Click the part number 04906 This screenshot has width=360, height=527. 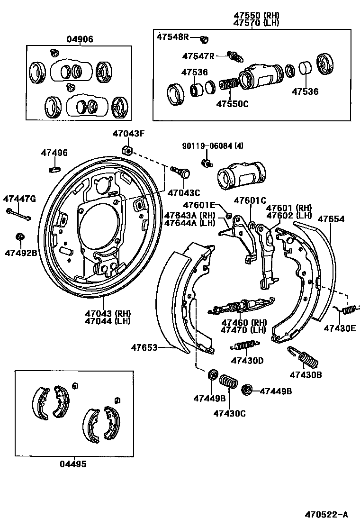[80, 39]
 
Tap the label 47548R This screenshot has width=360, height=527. [173, 36]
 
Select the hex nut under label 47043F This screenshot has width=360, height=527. [126, 150]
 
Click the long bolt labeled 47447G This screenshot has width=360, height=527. [18, 214]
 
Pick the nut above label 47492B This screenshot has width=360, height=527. [20, 236]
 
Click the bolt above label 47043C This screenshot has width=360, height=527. [180, 172]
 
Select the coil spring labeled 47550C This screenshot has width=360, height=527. [229, 84]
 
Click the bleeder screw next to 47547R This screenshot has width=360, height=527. [235, 57]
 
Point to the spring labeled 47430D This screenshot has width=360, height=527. [245, 345]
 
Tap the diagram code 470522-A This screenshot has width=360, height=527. [326, 514]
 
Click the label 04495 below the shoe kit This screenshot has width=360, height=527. [73, 464]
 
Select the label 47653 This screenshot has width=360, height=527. [144, 347]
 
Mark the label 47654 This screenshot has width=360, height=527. [331, 219]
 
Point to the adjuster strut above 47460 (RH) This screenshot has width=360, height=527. [241, 305]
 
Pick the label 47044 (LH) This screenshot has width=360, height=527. [108, 321]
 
